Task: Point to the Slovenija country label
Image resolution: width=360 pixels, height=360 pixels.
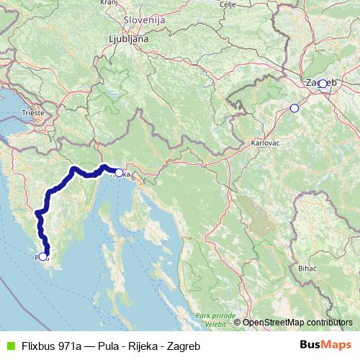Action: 144,21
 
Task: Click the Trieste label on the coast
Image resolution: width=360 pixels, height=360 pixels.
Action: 32,113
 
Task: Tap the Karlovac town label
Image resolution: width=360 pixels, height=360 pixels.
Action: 264,143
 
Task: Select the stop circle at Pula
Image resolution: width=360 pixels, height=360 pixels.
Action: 43,256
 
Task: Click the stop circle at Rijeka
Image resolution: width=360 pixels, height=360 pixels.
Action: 118,173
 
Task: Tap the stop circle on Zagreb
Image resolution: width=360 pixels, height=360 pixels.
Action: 323,84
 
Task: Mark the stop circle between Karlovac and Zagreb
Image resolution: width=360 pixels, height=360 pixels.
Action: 294,109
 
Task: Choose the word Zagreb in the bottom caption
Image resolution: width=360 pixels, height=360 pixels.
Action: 183,345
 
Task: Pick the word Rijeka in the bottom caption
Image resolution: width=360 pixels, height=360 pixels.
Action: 142,345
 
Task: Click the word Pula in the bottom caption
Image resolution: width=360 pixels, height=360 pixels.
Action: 110,345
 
